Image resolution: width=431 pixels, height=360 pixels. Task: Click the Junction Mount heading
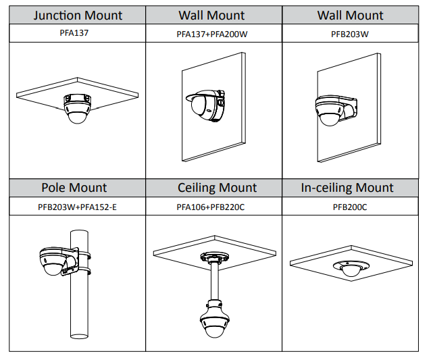[x=78, y=15]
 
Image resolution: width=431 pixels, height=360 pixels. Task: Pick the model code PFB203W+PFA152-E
[x=77, y=207]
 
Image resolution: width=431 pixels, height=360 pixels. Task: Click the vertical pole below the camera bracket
[x=80, y=311]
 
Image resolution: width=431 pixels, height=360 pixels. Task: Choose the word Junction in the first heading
[x=57, y=15]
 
